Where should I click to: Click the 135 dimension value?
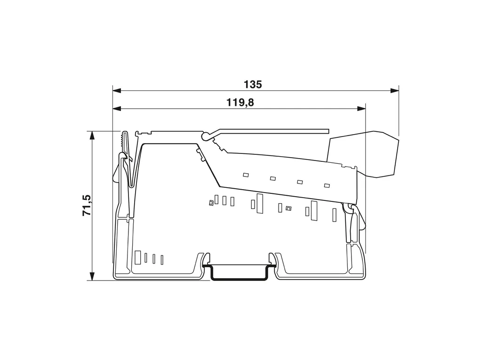(x=253, y=85)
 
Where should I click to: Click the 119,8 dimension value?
(x=240, y=102)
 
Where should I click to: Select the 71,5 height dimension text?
(x=87, y=205)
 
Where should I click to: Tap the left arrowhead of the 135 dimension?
(x=117, y=91)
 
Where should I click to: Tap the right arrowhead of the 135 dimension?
(x=395, y=91)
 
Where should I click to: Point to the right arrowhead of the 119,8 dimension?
(x=361, y=108)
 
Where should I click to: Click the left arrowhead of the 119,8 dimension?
(x=117, y=108)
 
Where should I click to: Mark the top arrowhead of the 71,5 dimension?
(x=91, y=136)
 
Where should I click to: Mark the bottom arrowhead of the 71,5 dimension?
(x=91, y=276)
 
